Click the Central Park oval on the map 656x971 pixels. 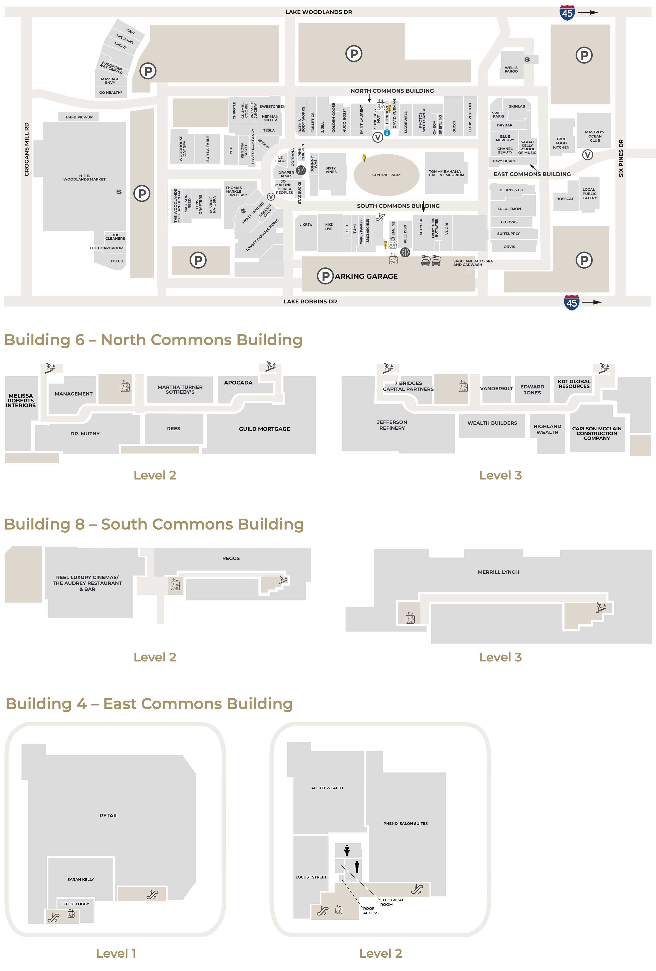pos(386,175)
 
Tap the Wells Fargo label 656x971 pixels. pos(511,69)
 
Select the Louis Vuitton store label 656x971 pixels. pos(470,117)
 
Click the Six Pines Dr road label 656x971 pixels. pos(621,158)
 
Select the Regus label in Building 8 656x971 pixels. pos(231,558)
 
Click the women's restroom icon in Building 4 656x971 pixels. pos(347,850)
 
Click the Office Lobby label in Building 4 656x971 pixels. pos(74,904)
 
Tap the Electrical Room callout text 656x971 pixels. pos(392,902)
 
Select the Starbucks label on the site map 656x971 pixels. pos(299,193)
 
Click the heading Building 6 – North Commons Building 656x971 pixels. pos(153,340)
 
